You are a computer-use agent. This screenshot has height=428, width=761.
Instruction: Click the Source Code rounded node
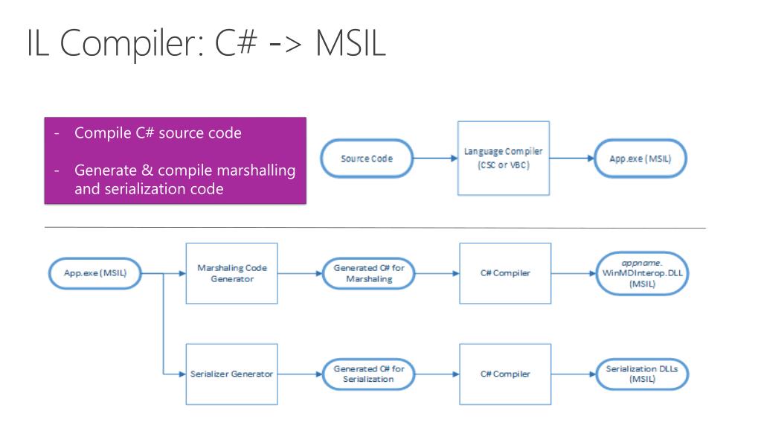click(367, 159)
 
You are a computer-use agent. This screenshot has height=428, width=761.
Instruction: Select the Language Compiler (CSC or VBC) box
click(504, 159)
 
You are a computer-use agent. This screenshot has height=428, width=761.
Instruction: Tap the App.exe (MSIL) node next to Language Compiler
click(640, 159)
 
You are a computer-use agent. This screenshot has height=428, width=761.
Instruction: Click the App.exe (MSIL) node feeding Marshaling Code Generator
click(95, 273)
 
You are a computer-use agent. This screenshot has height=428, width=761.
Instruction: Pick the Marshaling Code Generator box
click(231, 273)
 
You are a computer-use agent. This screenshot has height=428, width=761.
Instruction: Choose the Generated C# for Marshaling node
click(368, 273)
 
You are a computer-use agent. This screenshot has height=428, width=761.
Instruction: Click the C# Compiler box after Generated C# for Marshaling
click(505, 273)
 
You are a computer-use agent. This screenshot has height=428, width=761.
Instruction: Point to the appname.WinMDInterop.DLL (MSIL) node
click(642, 273)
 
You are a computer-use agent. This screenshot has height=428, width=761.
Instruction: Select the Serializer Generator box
click(231, 374)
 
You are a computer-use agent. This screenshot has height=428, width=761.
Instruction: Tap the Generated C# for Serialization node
click(368, 374)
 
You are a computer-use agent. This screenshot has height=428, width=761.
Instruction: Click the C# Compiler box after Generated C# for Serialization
click(505, 374)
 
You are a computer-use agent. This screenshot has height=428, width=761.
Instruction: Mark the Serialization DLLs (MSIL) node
click(642, 374)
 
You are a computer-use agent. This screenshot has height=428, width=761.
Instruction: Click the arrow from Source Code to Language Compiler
click(435, 159)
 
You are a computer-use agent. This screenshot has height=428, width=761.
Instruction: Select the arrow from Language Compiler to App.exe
click(572, 159)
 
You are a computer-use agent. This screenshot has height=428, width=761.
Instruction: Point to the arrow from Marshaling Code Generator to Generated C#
click(300, 273)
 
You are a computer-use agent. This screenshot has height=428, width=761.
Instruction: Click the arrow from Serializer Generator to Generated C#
click(300, 374)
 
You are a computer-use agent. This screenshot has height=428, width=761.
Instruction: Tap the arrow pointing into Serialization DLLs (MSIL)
click(574, 374)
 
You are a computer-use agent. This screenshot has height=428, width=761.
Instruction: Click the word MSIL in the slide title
click(350, 42)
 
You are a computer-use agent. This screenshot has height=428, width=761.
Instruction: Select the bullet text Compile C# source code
click(158, 133)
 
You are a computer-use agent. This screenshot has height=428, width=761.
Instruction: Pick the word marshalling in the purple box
click(256, 170)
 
